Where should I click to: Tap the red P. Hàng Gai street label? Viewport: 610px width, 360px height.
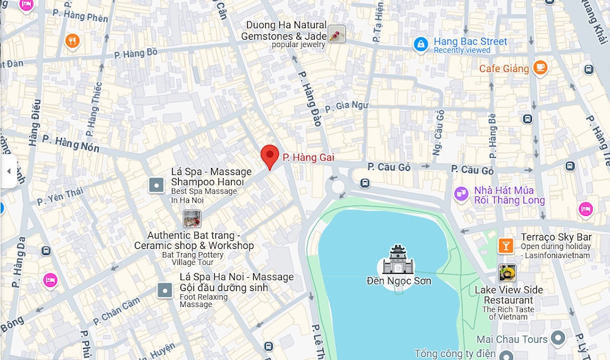[308, 158]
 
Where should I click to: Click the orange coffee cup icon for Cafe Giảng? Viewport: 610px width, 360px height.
[540, 68]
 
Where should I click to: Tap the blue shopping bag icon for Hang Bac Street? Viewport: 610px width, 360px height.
[420, 45]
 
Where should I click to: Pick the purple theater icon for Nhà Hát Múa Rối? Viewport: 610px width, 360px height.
[462, 194]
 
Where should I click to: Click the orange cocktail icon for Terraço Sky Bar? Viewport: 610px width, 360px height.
[505, 245]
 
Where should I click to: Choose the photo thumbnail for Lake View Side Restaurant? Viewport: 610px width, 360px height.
[507, 272]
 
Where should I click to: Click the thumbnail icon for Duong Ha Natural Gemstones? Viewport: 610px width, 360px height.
[336, 34]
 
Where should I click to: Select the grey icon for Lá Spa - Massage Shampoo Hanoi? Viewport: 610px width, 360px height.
[157, 185]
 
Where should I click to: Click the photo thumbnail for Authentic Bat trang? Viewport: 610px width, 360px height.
[192, 218]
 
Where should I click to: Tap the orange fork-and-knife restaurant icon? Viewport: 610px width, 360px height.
[73, 41]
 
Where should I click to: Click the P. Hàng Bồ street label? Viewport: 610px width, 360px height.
[135, 54]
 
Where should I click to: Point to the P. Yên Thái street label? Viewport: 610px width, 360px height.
[60, 196]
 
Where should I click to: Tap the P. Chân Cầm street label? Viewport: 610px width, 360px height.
[117, 311]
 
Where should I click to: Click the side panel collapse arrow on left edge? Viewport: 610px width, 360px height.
[9, 171]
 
